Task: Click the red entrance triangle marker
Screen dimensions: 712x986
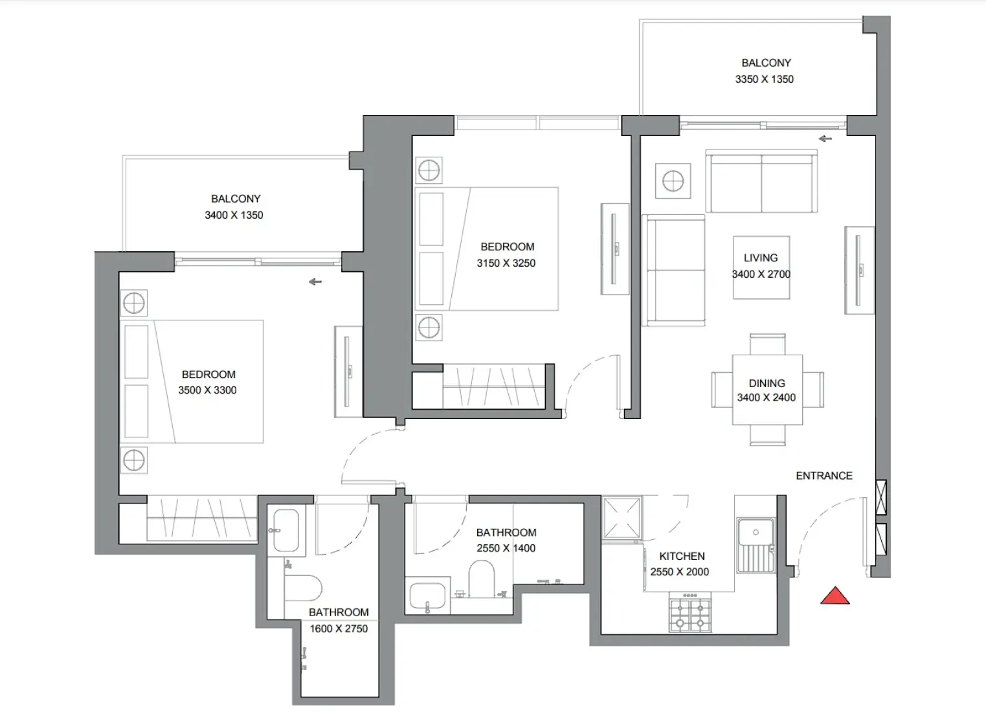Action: (835, 596)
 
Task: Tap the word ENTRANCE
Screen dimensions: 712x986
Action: (824, 476)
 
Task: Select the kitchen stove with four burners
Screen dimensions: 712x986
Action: (690, 614)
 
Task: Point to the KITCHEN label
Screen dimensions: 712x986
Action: (682, 556)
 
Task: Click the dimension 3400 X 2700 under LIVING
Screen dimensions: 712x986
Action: (761, 274)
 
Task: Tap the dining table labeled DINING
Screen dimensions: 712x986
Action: (767, 390)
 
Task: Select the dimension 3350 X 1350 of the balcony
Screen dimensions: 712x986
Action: (764, 80)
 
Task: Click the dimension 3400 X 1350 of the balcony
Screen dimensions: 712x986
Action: (234, 216)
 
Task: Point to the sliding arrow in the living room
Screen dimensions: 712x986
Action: (825, 139)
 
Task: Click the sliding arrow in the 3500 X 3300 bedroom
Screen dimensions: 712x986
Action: (315, 282)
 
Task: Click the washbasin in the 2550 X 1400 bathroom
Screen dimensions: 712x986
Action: (427, 596)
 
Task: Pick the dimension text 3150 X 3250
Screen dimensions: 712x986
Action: (506, 263)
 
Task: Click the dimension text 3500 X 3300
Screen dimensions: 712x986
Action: (207, 390)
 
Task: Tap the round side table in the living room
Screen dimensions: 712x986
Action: (673, 180)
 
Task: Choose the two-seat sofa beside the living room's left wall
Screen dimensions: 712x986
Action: (673, 271)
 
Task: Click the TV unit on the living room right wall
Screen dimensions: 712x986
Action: (859, 270)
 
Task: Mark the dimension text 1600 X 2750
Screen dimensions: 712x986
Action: (338, 629)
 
